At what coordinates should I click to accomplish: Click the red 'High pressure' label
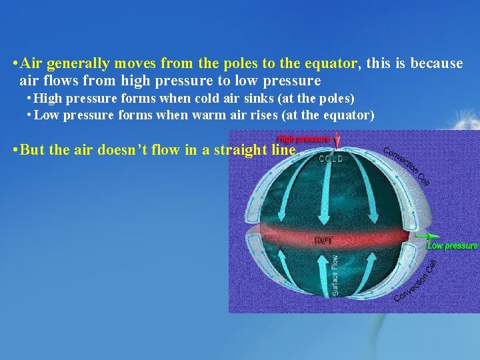pos(304,139)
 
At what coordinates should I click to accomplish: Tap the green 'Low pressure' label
pos(453,246)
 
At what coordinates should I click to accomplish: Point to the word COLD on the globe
pos(330,159)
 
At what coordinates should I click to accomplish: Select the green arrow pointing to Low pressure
pos(427,236)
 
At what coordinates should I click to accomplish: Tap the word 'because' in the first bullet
pos(437,64)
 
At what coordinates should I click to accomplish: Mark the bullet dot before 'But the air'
pos(15,149)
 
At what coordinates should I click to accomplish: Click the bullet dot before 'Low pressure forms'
pos(29,115)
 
